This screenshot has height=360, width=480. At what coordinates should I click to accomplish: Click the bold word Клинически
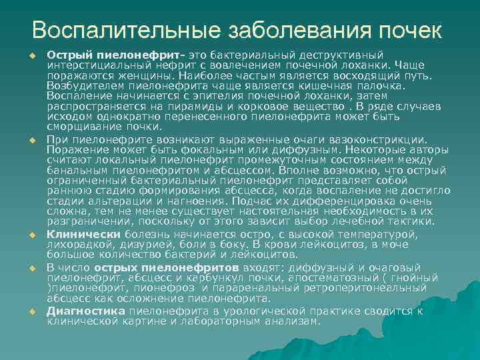click(83, 235)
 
